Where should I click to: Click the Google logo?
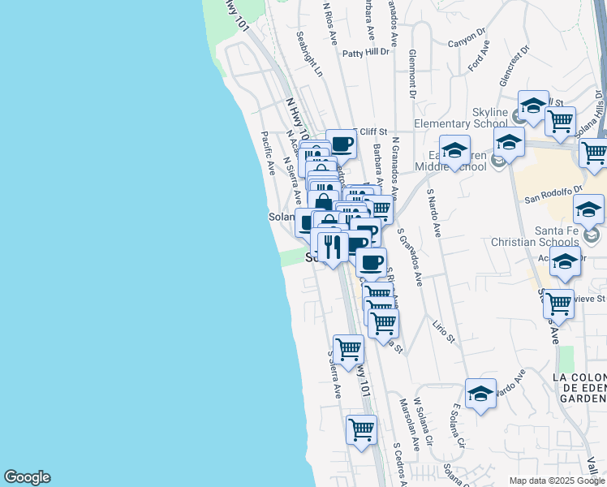tap(27, 477)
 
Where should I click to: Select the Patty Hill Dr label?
tap(366, 53)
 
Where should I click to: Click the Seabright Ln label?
tap(310, 54)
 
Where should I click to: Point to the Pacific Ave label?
tap(269, 153)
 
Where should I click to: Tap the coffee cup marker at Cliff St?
tap(342, 144)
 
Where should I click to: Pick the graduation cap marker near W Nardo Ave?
tap(480, 394)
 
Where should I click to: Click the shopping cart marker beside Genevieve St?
tap(558, 304)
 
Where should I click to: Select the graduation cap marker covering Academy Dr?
tap(565, 263)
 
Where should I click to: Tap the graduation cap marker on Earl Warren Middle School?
tap(455, 150)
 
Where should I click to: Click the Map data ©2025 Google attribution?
tap(557, 480)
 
